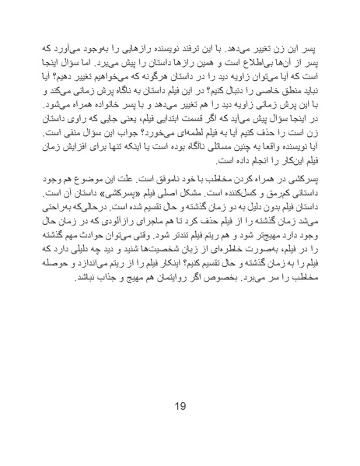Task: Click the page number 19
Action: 180,405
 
